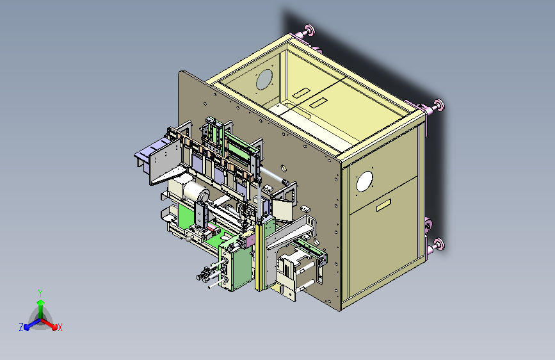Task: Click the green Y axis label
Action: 40,293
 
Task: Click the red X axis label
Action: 60,327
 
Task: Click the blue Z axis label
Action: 21,327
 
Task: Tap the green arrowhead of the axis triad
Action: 41,302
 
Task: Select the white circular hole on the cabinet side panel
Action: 365,181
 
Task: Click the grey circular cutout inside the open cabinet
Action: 264,79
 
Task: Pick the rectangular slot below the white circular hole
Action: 383,204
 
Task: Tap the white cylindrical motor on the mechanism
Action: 195,192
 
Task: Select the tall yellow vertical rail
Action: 260,255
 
